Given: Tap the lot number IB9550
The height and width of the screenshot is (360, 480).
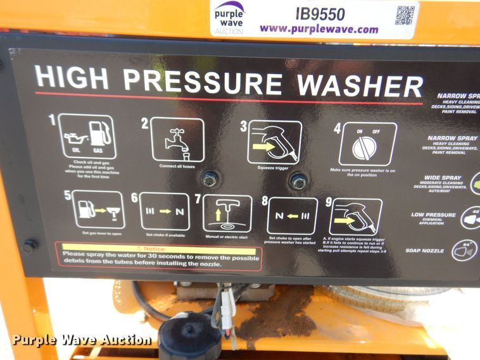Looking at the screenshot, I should (x=320, y=13).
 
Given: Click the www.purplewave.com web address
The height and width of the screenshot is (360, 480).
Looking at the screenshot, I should (x=319, y=28).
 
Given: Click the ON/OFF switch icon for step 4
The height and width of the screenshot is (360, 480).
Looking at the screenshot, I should (x=367, y=144).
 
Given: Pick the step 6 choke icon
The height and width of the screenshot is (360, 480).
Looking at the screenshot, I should (x=165, y=211).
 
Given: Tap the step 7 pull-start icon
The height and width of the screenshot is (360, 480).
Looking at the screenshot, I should (x=227, y=213).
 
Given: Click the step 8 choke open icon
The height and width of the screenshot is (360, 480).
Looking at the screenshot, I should (x=292, y=216).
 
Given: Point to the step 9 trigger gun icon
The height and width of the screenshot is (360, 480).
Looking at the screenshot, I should (x=356, y=217).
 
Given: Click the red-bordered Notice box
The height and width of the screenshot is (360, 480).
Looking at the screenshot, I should (x=158, y=256).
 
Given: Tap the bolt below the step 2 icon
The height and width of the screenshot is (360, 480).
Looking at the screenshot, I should (x=210, y=179).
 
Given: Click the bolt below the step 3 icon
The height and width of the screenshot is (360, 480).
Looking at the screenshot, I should (x=298, y=182).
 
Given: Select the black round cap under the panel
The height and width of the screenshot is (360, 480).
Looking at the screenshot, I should (x=190, y=336).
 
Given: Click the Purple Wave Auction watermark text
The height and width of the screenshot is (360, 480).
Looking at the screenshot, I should (x=82, y=340).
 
